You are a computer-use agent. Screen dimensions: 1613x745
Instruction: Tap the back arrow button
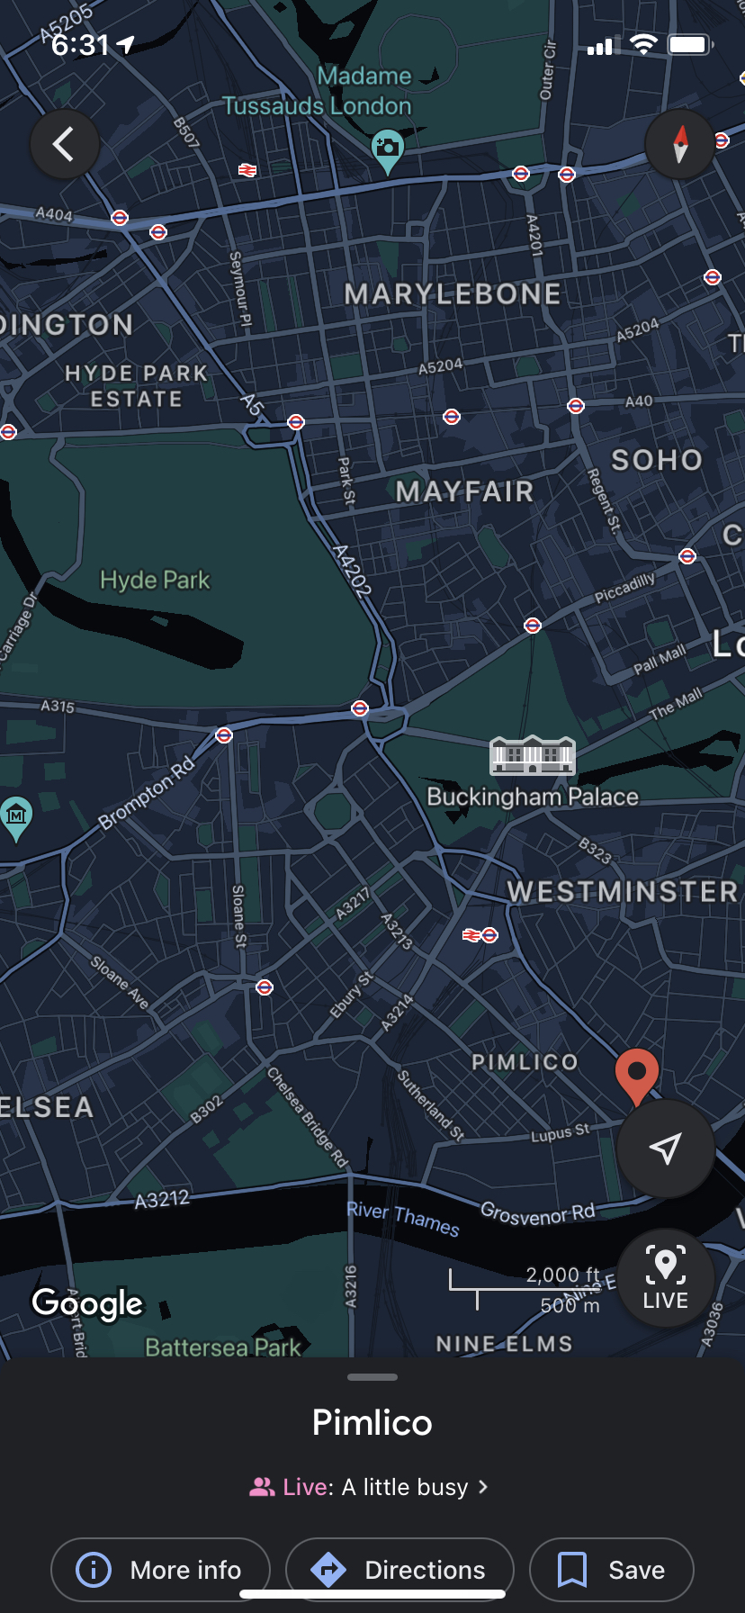point(64,144)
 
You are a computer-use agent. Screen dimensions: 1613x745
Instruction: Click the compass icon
point(680,144)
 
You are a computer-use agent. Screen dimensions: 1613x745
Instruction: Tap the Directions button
point(399,1570)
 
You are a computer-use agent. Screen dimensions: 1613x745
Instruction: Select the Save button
point(612,1570)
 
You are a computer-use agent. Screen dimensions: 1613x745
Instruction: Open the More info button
point(160,1570)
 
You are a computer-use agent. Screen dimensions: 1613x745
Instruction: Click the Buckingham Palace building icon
point(532,756)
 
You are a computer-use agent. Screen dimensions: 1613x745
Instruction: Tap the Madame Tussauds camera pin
point(388,150)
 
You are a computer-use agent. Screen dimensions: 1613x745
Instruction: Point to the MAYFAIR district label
point(464,491)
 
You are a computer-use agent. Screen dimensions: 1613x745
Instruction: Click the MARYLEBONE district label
point(453,294)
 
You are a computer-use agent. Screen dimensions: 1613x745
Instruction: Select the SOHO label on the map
point(657,460)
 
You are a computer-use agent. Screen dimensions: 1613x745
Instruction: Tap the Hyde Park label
point(155,580)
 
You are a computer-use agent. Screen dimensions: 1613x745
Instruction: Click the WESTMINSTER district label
point(623,892)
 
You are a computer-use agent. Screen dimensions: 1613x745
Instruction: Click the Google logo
point(87,1303)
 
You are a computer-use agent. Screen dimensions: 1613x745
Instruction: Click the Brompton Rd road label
point(147,793)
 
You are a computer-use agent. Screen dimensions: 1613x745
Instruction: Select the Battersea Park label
point(223,1347)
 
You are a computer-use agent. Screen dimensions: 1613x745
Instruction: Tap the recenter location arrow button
point(665,1149)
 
